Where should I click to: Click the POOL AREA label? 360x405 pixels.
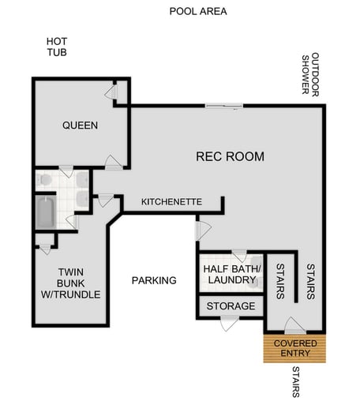(198, 11)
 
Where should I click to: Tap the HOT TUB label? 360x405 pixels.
(56, 47)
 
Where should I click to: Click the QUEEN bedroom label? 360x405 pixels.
(80, 126)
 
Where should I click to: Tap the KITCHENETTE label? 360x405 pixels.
(171, 203)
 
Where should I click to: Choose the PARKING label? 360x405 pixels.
(154, 280)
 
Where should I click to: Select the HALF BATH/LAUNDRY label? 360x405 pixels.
(231, 274)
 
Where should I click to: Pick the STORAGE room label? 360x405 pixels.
(231, 306)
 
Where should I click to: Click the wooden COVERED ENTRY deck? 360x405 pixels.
(295, 348)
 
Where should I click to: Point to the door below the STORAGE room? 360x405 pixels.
(230, 321)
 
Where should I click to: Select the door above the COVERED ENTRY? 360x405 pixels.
(294, 325)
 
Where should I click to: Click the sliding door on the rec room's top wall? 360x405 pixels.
(225, 106)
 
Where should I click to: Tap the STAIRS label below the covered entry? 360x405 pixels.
(295, 384)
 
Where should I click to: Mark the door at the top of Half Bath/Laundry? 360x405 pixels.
(236, 256)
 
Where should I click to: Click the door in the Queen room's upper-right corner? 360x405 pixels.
(112, 92)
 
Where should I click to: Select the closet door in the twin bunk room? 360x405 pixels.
(44, 247)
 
